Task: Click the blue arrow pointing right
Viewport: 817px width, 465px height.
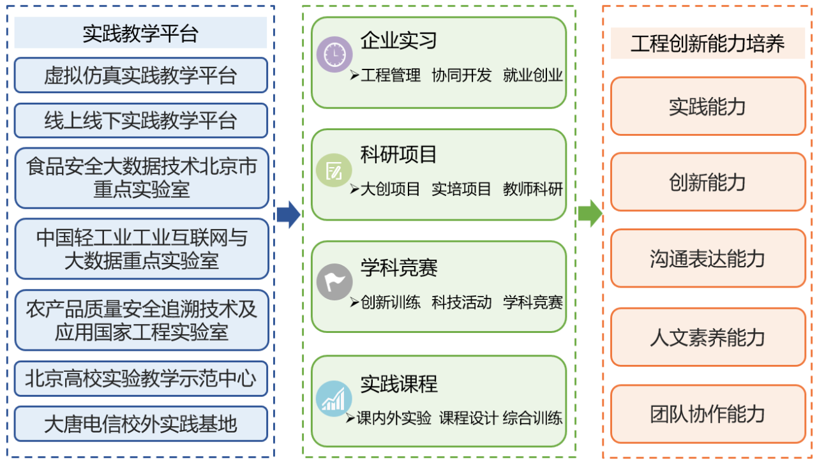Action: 288,214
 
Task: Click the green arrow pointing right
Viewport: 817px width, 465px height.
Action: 589,213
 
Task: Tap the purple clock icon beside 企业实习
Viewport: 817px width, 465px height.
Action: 334,54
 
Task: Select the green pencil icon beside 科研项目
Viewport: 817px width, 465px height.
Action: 334,170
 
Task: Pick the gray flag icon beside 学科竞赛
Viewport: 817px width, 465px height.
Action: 334,281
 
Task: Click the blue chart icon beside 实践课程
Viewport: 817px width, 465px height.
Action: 334,399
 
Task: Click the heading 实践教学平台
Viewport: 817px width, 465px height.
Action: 140,33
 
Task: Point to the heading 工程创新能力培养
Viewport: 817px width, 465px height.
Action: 707,44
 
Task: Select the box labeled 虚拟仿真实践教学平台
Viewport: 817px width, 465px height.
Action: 141,75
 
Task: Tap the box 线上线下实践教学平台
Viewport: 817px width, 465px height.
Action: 141,121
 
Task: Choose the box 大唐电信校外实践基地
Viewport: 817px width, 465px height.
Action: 141,424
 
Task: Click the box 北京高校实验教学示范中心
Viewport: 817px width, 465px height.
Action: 141,379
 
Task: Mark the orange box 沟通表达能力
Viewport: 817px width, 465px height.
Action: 708,258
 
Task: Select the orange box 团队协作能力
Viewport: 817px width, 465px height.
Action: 708,414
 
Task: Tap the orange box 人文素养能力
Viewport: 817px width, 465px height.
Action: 708,337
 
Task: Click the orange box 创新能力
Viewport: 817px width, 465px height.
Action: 708,182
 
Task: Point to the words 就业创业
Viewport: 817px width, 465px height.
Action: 533,75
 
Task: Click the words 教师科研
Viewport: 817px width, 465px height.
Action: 533,189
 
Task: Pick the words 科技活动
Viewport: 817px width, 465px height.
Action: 461,302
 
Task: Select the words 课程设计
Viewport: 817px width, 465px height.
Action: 468,418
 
